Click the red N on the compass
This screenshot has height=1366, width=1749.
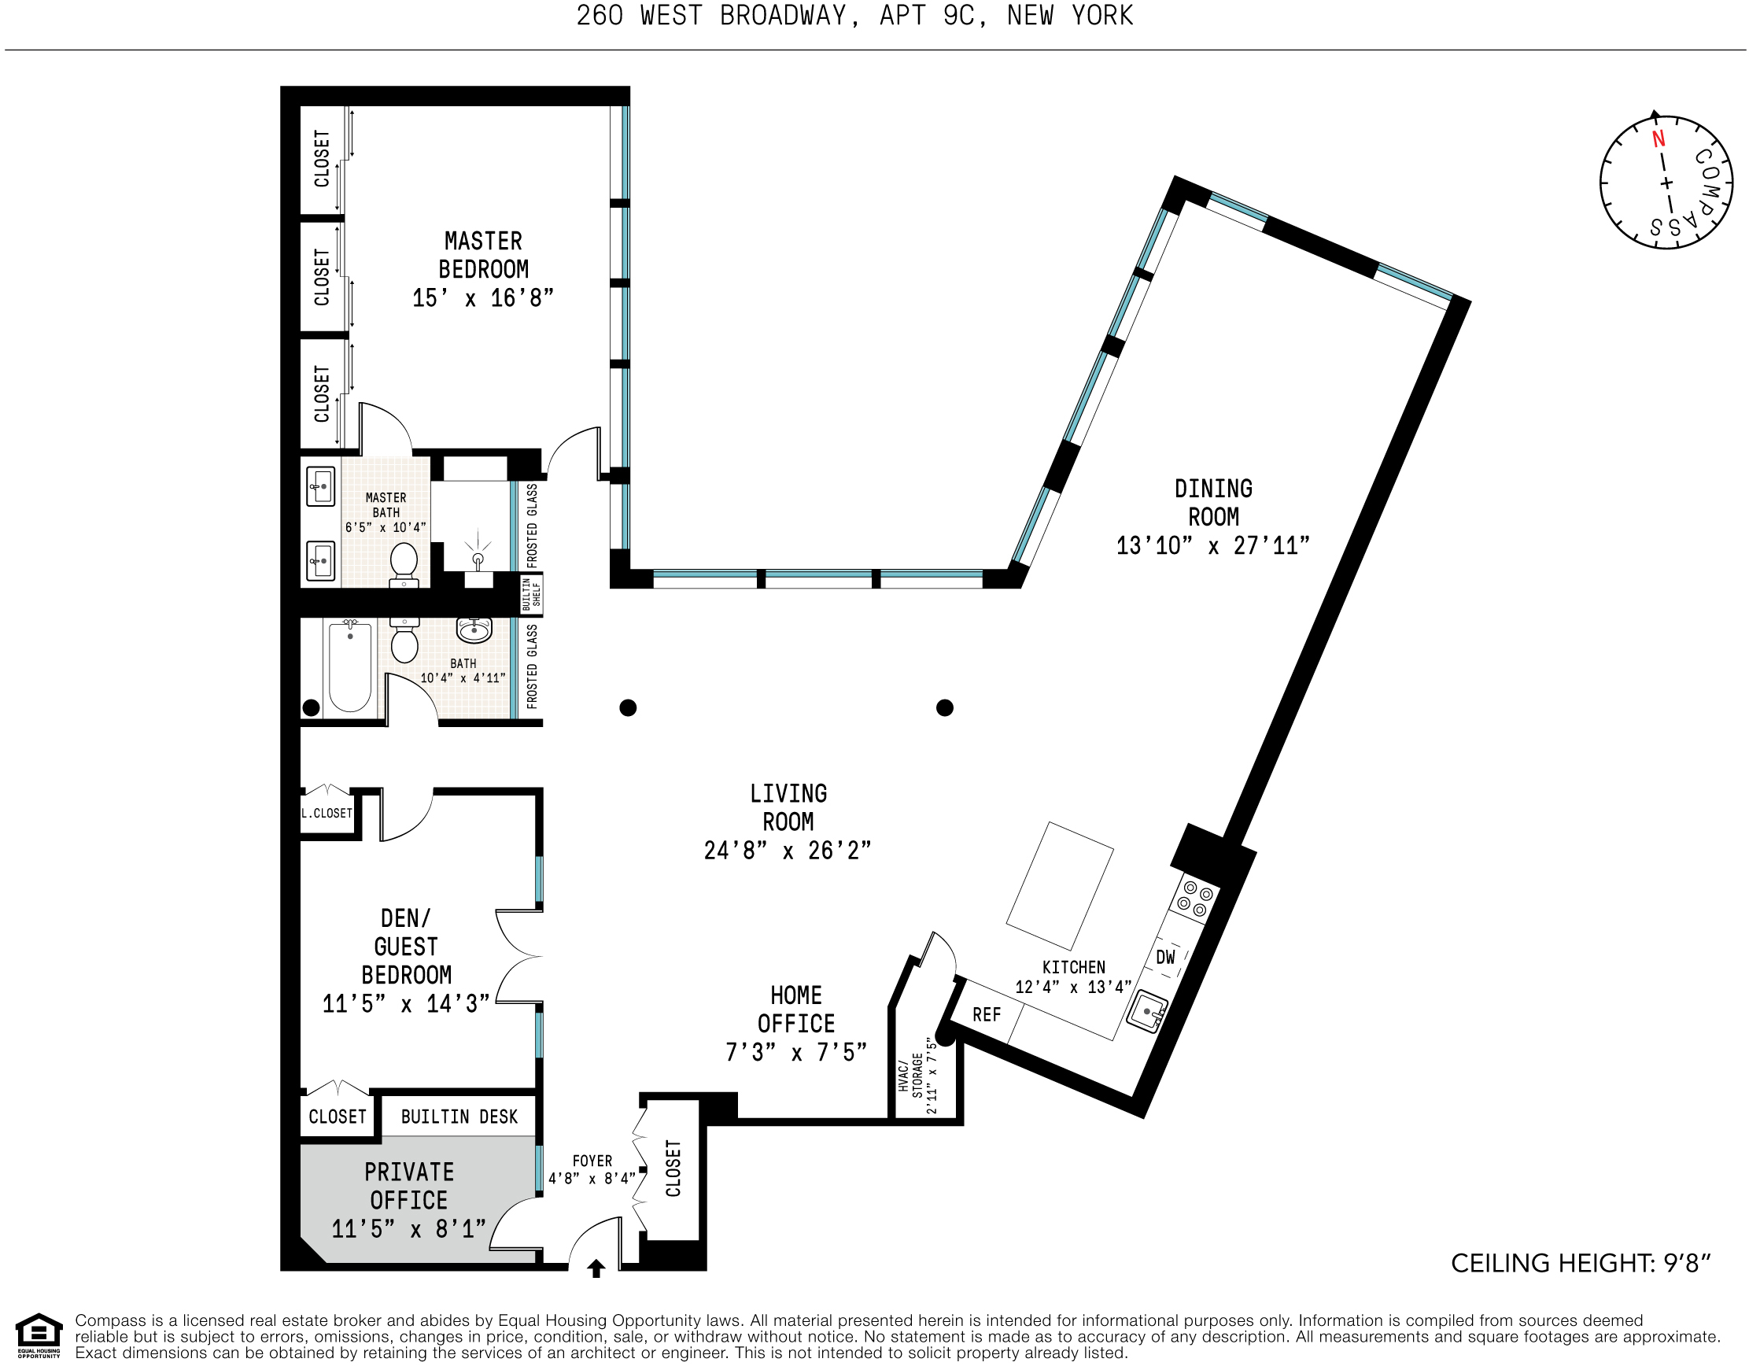[1659, 138]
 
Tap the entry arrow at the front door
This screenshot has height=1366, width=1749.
[596, 1268]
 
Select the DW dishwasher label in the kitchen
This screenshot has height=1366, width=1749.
[1165, 957]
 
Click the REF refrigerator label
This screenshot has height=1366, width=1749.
[987, 1014]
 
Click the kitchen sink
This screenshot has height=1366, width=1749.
[1147, 1012]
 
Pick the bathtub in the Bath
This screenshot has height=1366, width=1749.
[350, 667]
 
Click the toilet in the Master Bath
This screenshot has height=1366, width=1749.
[404, 564]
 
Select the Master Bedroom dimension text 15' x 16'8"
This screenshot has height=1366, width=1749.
[483, 298]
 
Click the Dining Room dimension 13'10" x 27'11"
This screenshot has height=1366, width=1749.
[1213, 545]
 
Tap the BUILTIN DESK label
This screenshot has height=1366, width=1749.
[459, 1117]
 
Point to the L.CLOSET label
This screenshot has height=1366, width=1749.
[327, 813]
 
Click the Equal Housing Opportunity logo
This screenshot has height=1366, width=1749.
[39, 1335]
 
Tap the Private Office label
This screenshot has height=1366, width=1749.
[408, 1186]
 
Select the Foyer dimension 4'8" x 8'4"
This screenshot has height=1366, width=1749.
[592, 1178]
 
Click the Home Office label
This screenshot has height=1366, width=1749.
[796, 1009]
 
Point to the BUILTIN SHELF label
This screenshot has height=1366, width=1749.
[532, 594]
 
